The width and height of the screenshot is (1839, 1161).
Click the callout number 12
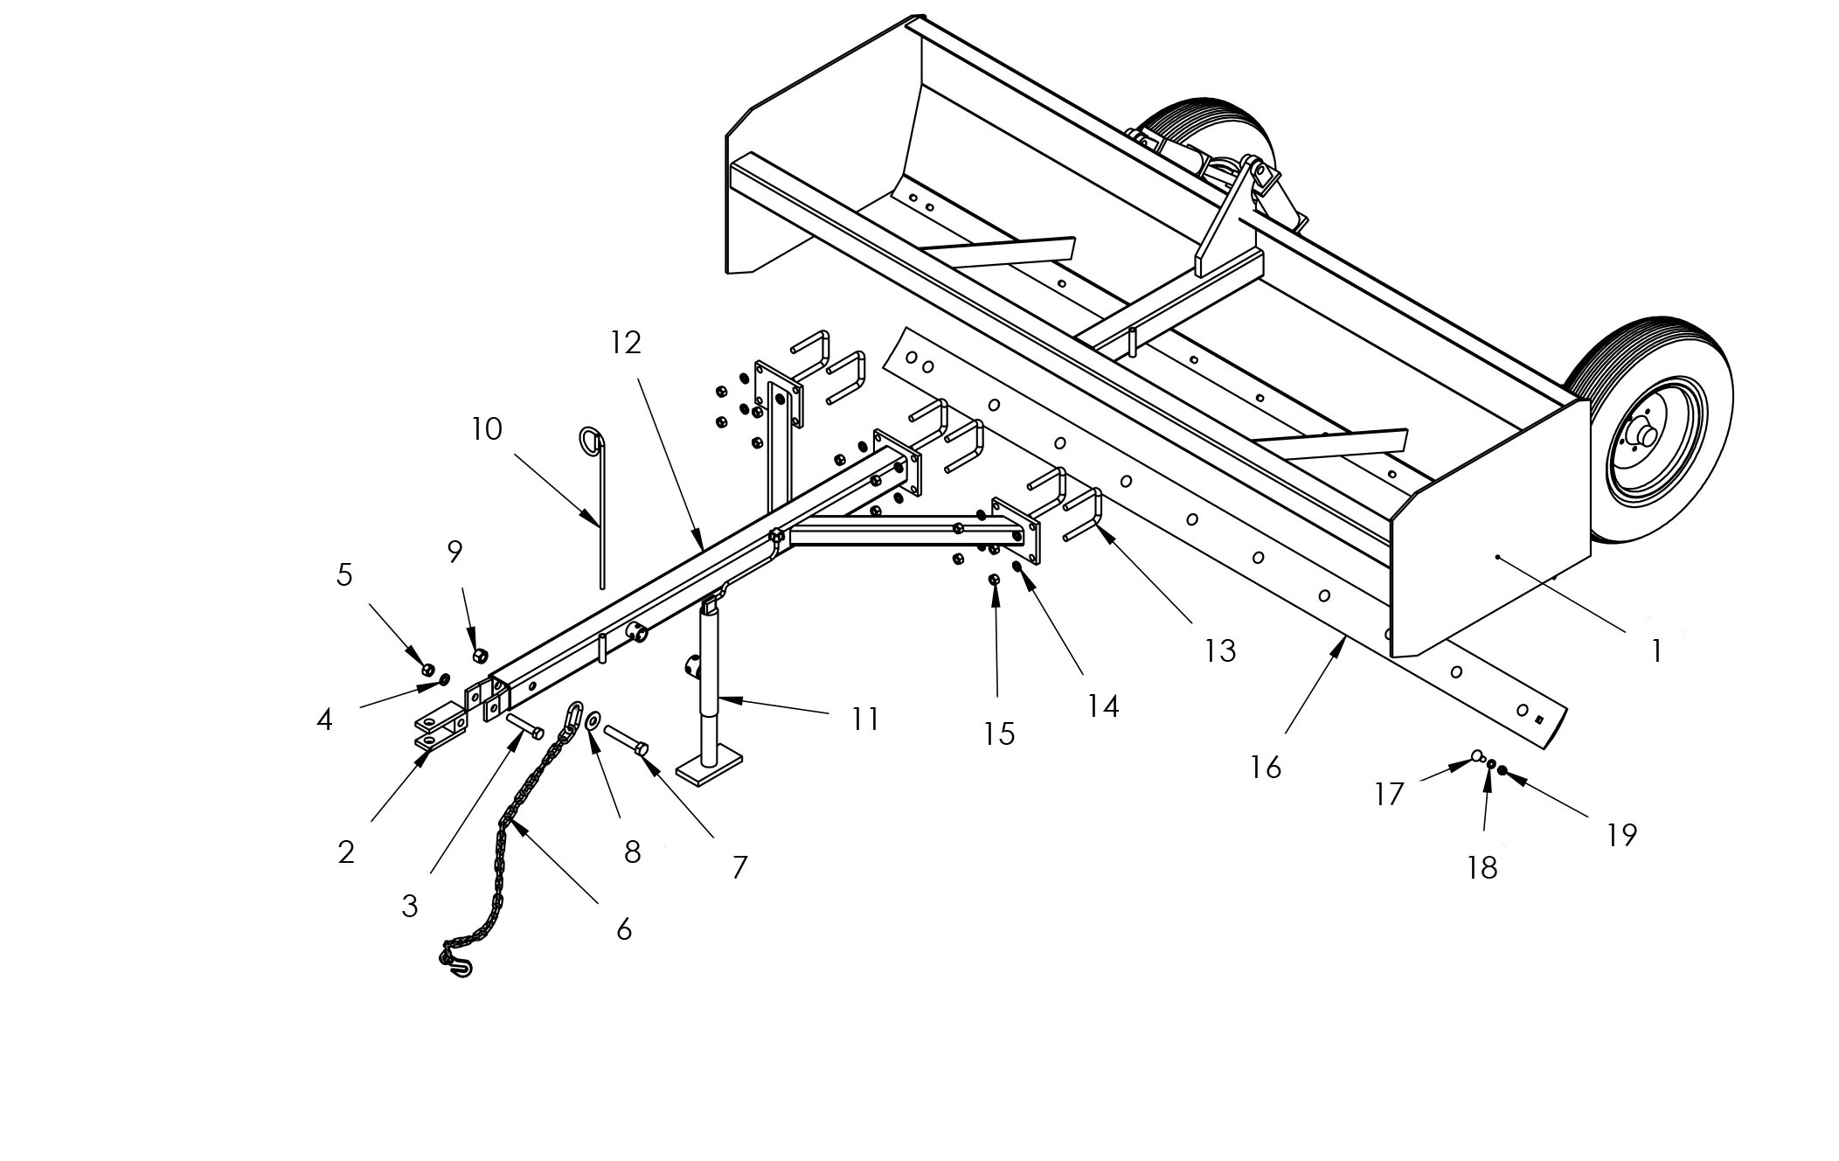[x=626, y=343]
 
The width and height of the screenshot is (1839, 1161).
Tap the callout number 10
[x=487, y=429]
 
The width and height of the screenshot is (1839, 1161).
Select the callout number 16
[x=1266, y=768]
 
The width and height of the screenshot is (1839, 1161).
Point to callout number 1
[x=1655, y=651]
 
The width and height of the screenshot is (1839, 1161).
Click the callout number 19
[x=1621, y=836]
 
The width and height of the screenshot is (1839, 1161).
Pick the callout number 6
[x=623, y=929]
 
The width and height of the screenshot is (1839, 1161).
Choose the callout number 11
[x=865, y=720]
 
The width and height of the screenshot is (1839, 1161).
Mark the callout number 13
[x=1220, y=651]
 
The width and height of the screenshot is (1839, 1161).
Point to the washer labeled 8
[x=593, y=720]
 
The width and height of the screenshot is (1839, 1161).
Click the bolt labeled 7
[x=626, y=739]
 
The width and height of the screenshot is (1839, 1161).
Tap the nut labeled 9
[x=479, y=655]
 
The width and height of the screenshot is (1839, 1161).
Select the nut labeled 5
[x=427, y=670]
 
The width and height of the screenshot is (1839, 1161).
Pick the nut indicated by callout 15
[x=994, y=580]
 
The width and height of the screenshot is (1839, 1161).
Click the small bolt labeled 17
[x=1478, y=757]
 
